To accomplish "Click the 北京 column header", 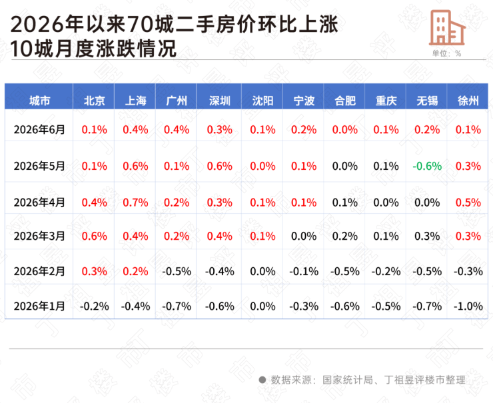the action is [x=94, y=101].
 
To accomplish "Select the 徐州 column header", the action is [x=468, y=101].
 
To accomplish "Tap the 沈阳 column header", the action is [x=262, y=101].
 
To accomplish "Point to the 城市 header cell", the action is [x=39, y=101].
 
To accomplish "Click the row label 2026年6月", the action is [x=39, y=129].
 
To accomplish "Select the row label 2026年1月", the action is [x=39, y=306].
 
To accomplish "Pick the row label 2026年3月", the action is [x=39, y=236].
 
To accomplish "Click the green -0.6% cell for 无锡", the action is [x=427, y=166].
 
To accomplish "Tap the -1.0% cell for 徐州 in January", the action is [x=468, y=306].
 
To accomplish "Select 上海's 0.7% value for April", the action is [x=135, y=202].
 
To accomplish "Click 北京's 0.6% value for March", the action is [x=94, y=236].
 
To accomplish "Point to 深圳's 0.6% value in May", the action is [x=219, y=166].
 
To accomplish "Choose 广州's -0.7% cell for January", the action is [x=177, y=306].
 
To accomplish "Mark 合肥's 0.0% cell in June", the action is [x=345, y=129].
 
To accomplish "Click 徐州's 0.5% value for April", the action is [x=468, y=202].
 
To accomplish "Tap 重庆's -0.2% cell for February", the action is [x=386, y=271].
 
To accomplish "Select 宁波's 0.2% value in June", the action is [x=304, y=129].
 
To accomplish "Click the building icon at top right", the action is [x=447, y=27].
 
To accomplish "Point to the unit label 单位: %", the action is [x=446, y=53].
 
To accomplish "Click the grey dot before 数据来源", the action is [x=262, y=380].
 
